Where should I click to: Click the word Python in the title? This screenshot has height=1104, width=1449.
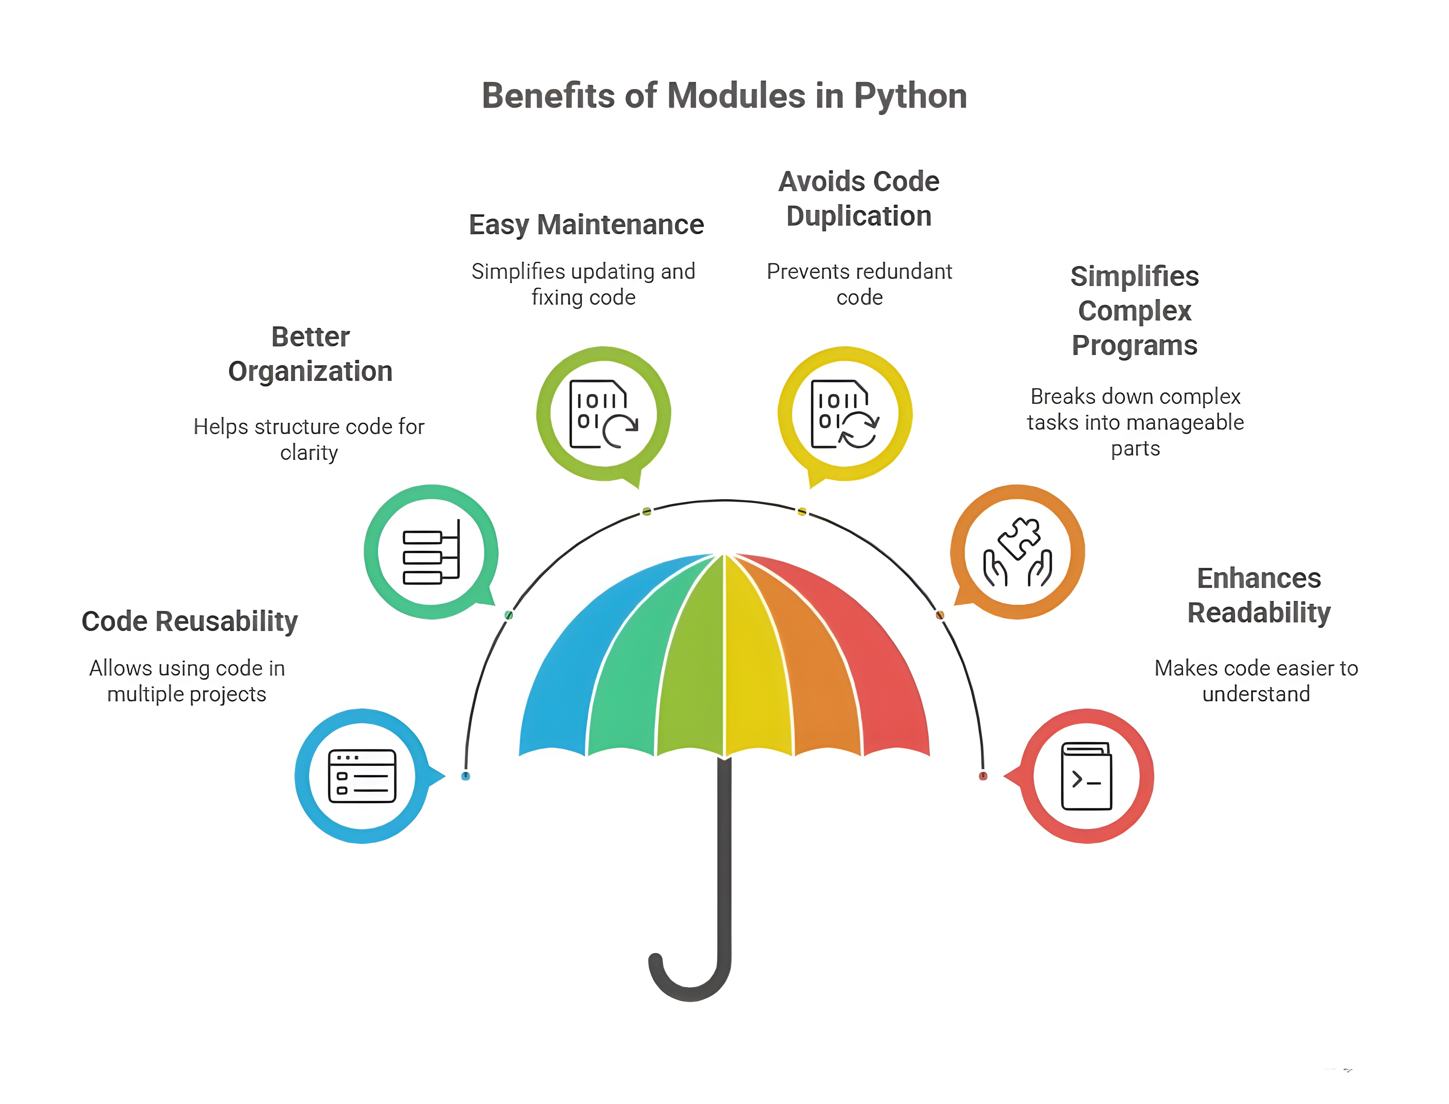pyautogui.click(x=910, y=96)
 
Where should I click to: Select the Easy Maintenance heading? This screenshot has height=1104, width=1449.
pyautogui.click(x=586, y=225)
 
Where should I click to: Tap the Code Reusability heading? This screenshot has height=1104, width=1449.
pyautogui.click(x=189, y=621)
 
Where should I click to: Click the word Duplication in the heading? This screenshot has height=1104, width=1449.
pyautogui.click(x=859, y=216)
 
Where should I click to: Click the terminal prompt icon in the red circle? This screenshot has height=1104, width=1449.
pyautogui.click(x=1087, y=776)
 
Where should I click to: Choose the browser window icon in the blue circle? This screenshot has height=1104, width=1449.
pyautogui.click(x=362, y=776)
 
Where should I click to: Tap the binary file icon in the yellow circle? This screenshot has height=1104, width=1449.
pyautogui.click(x=845, y=414)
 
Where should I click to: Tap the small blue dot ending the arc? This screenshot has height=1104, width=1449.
pyautogui.click(x=466, y=776)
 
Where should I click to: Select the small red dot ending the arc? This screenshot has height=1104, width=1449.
pyautogui.click(x=983, y=776)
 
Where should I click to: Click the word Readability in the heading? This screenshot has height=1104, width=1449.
pyautogui.click(x=1259, y=613)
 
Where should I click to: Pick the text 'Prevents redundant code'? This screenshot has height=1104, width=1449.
pyautogui.click(x=859, y=284)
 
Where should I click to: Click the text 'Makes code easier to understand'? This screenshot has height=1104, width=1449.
pyautogui.click(x=1256, y=681)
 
